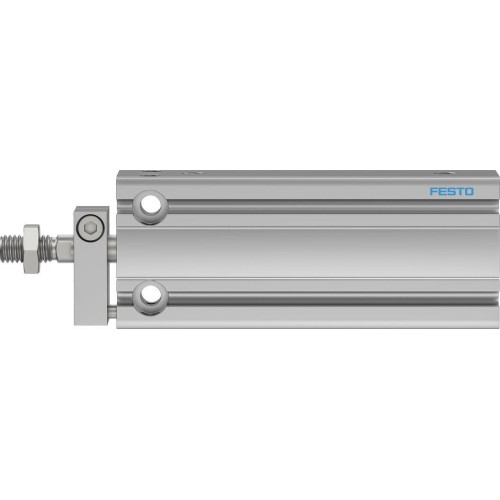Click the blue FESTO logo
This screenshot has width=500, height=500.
coord(452,191)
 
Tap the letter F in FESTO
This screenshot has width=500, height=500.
coord(434,191)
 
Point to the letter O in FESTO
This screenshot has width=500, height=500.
coord(470,191)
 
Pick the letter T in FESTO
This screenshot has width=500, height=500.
coord(460,191)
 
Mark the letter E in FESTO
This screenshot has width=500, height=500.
coord(442,191)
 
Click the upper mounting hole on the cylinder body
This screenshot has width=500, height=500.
coord(152,205)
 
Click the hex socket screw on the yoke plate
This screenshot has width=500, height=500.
coord(92,229)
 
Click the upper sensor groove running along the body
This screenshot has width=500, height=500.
coord(300,211)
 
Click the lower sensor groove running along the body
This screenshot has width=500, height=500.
coord(300,289)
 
